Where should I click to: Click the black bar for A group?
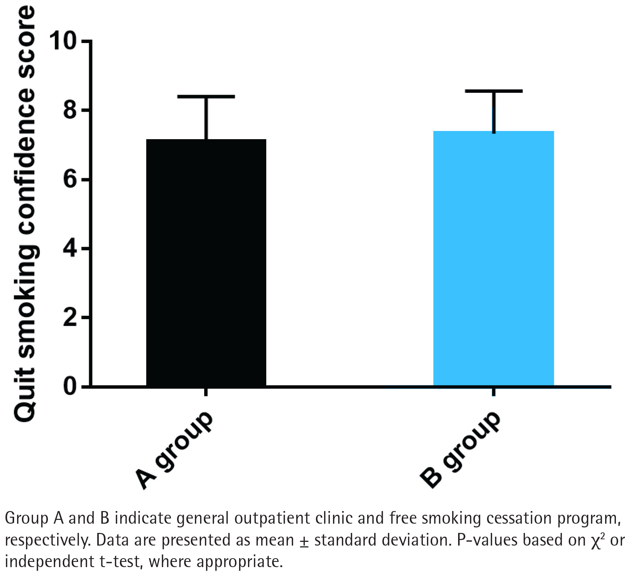[206, 263]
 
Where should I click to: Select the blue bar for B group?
[493, 258]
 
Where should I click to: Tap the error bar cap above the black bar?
[206, 96]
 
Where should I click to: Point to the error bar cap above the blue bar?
[494, 91]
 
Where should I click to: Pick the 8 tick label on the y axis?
[71, 110]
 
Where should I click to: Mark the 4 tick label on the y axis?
[71, 248]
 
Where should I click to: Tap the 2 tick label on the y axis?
[71, 317]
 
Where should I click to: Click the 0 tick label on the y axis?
[71, 386]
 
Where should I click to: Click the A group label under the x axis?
[174, 450]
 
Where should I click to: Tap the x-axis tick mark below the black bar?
[206, 392]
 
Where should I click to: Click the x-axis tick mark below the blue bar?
[494, 392]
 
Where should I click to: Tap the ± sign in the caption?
[304, 540]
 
